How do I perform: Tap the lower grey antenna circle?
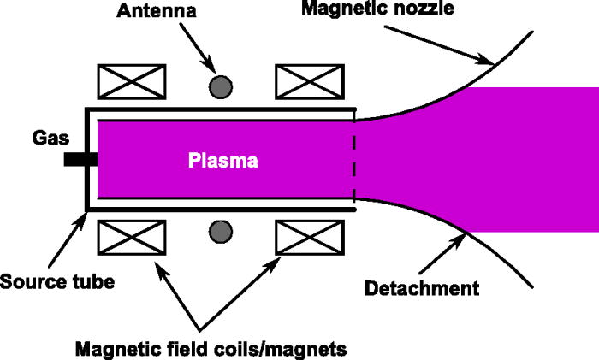coord(221,230)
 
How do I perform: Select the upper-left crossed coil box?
coord(133,83)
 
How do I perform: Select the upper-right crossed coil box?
coord(306,83)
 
